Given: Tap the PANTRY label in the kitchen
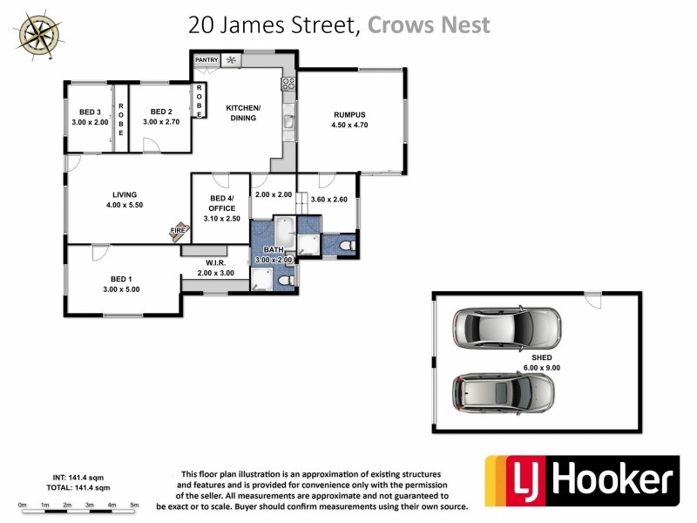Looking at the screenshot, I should [x=206, y=59].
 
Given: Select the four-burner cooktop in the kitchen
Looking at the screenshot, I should [x=288, y=85].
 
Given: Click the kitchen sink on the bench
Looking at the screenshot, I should [x=287, y=123].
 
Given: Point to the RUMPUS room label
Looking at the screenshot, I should [x=348, y=114].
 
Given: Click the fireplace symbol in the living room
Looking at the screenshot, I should [x=179, y=231].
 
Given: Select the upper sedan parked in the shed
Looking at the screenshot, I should [x=505, y=328].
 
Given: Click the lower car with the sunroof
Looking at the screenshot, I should [x=503, y=392].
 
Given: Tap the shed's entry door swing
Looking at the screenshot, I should [x=592, y=299].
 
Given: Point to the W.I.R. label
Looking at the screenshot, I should [x=216, y=262].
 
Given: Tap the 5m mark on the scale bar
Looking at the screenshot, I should [x=134, y=505].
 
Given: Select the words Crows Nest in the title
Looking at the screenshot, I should [x=429, y=24].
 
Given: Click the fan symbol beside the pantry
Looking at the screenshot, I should [x=231, y=60].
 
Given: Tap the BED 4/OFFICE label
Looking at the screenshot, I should [x=220, y=203].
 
